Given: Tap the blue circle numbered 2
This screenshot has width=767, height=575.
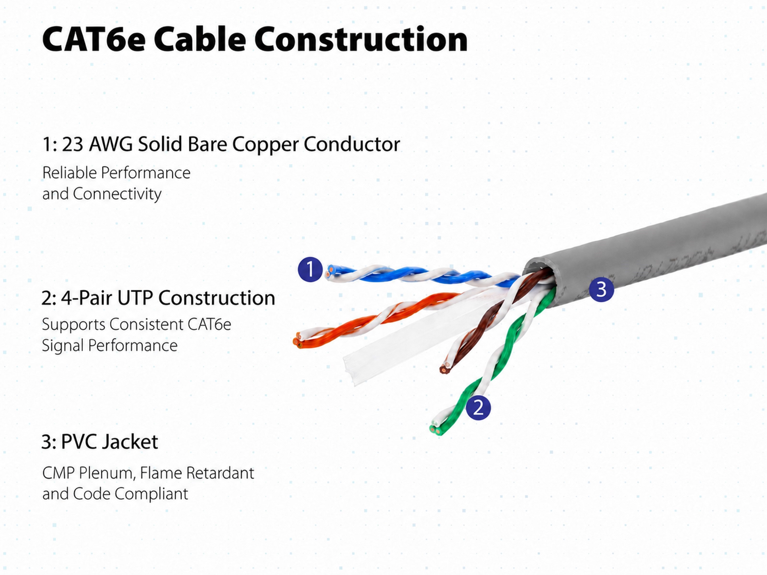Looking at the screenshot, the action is tap(478, 408).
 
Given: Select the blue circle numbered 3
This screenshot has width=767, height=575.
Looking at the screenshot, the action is tap(601, 289).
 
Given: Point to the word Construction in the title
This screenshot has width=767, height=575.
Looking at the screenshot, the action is tap(361, 40).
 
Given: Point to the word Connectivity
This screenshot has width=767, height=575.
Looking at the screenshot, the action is tap(117, 194).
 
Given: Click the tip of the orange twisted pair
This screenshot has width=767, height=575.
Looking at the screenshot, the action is tap(296, 341).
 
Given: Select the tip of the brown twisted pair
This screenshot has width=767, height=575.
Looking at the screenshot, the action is tap(443, 369).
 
